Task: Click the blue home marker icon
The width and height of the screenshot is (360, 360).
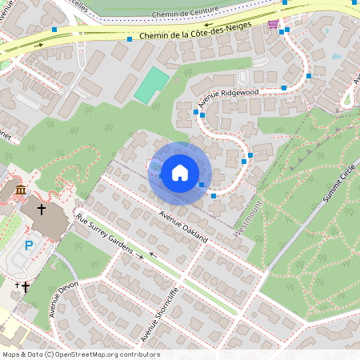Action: point(180,173)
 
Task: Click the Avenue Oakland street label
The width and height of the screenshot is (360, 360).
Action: point(183,227)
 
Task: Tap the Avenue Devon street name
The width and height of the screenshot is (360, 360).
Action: point(64,298)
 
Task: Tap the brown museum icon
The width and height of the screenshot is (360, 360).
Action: point(20,190)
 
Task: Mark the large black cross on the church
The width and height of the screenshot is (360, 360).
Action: point(42,209)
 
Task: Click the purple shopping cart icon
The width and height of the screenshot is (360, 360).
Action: point(274,24)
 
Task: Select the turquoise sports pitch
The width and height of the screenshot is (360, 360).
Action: point(150,85)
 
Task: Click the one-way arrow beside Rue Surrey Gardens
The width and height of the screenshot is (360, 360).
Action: point(140,256)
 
